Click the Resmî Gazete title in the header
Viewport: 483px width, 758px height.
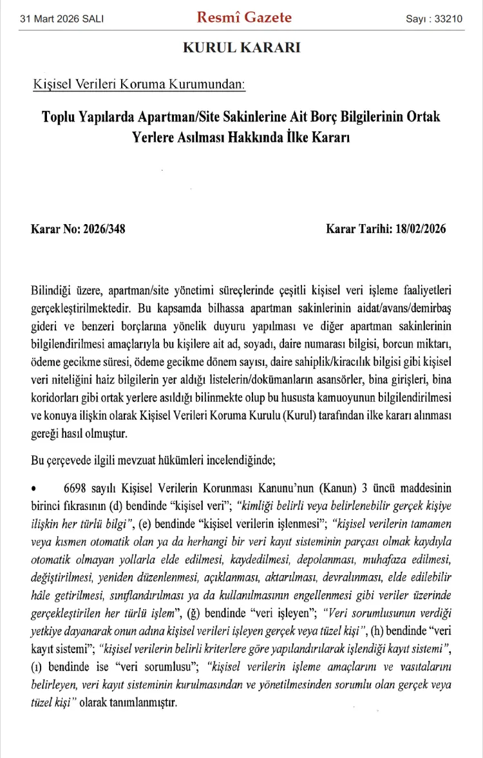tap(244, 17)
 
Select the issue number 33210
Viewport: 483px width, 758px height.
tap(448, 19)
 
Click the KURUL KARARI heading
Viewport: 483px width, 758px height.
tap(241, 48)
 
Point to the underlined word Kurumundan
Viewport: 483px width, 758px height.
tap(207, 84)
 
